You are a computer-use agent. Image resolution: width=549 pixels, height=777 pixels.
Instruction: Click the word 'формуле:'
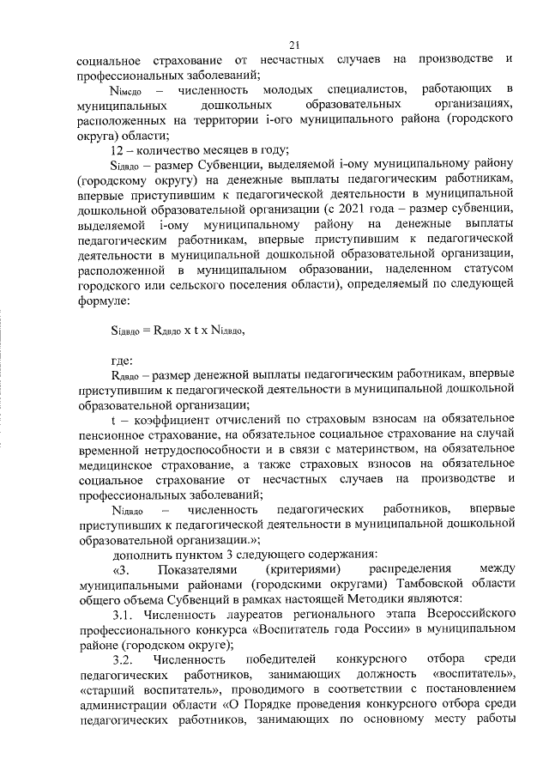104,300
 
